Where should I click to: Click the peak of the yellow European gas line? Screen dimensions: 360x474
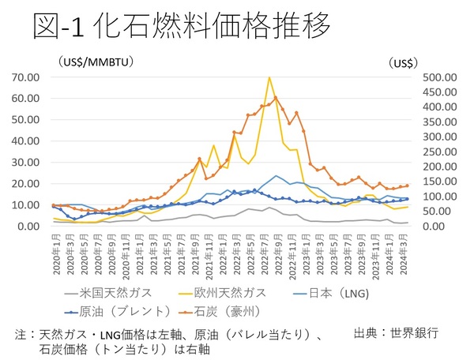pyautogui.click(x=269, y=78)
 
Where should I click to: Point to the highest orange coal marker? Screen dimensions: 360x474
pyautogui.click(x=276, y=97)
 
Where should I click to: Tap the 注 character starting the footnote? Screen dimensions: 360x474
pyautogui.click(x=21, y=334)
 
